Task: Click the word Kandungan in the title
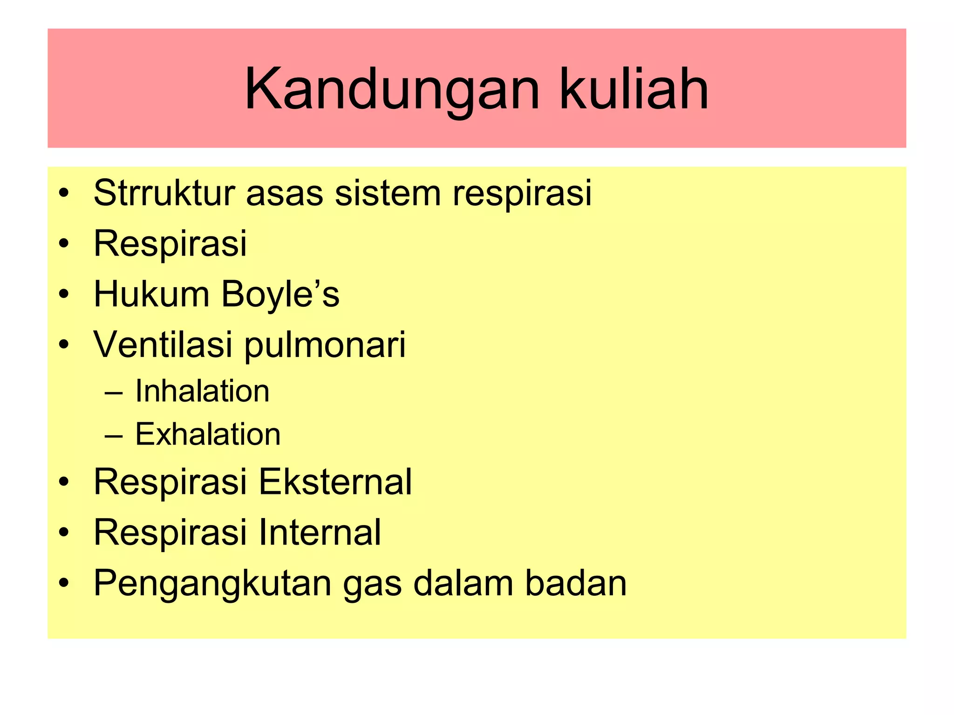click(x=392, y=89)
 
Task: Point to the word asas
click(x=284, y=194)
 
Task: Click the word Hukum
click(x=151, y=294)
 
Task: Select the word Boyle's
click(x=280, y=295)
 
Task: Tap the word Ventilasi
click(x=163, y=344)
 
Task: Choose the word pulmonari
click(x=325, y=345)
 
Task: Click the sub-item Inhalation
click(x=202, y=391)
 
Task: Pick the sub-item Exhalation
click(x=208, y=434)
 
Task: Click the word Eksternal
click(x=335, y=482)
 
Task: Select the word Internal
click(x=320, y=532)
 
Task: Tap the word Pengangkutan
click(x=212, y=584)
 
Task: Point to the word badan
click(x=576, y=583)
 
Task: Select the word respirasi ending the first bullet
click(x=522, y=194)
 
